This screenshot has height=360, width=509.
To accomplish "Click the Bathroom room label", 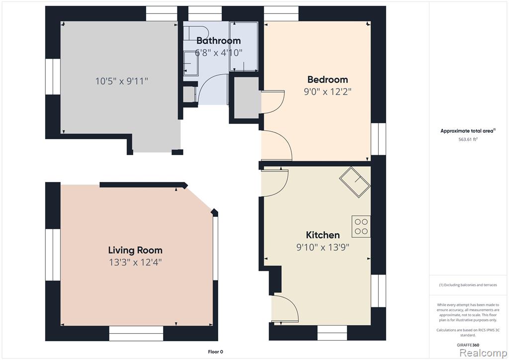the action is tap(219, 41).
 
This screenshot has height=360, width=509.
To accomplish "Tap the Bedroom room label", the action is tap(328, 80).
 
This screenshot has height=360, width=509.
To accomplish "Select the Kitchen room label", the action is tap(323, 235).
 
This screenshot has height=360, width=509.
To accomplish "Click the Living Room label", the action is tap(135, 250).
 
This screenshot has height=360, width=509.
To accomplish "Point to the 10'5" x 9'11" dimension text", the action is tap(122, 81).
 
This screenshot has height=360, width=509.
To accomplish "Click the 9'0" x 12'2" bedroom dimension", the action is tap(328, 91).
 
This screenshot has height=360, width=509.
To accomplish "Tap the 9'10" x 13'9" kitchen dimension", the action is tap(323, 247).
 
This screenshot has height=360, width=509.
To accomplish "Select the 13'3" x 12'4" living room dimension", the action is tap(135, 262).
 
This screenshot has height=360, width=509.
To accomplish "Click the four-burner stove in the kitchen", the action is tap(361, 227).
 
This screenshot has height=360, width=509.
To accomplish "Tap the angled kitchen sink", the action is tap(355, 182).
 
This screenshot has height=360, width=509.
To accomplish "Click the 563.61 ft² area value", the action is tap(468, 139).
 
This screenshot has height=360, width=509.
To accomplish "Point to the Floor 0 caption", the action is tap(216, 352).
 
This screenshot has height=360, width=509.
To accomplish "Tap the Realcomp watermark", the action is tap(483, 353).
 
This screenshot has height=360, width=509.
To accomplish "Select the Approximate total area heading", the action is tap(468, 131).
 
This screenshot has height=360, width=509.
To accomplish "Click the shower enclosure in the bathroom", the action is tap(244, 46).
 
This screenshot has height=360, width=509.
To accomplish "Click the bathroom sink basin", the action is tap(191, 63).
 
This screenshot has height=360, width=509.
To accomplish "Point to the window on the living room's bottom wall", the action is tap(136, 333).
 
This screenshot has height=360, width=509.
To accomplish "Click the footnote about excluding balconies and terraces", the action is tap(468, 285).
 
